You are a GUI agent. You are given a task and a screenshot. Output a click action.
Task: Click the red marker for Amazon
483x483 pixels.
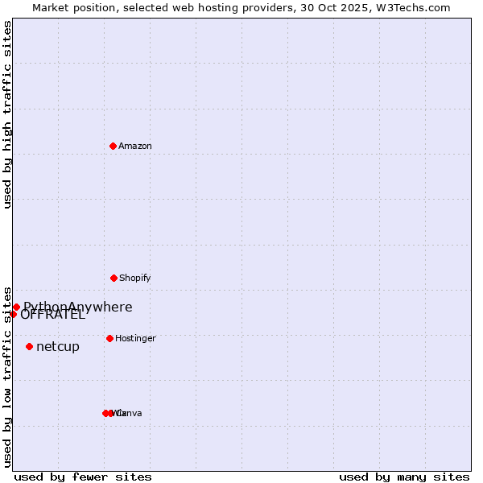(x=114, y=146)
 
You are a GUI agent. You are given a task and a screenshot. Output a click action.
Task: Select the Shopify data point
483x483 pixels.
(x=114, y=278)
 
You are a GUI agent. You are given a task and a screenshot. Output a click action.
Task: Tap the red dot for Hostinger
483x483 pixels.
(x=109, y=338)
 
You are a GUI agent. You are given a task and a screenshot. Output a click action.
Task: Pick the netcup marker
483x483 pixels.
(x=29, y=346)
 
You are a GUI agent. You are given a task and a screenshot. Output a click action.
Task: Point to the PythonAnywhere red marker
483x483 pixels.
(x=16, y=307)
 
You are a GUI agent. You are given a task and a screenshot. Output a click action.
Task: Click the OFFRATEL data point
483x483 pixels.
(x=13, y=314)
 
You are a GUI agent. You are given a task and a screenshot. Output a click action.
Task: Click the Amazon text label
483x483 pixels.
(x=135, y=146)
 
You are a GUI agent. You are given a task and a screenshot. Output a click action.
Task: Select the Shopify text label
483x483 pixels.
(x=135, y=278)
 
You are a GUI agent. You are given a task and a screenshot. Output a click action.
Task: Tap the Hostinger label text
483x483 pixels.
(x=135, y=338)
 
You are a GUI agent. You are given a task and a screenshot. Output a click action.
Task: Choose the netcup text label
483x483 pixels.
(x=58, y=347)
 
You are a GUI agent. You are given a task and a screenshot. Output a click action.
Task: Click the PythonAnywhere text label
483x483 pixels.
(x=78, y=306)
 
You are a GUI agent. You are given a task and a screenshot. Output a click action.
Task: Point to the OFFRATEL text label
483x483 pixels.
(x=53, y=316)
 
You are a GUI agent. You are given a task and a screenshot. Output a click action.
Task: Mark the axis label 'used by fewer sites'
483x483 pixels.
(x=83, y=477)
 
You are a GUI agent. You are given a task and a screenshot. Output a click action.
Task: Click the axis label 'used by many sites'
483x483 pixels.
(x=404, y=477)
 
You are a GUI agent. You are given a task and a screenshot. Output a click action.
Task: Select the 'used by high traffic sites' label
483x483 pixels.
(x=7, y=114)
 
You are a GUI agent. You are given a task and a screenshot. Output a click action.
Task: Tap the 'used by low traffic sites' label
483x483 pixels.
(x=7, y=377)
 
